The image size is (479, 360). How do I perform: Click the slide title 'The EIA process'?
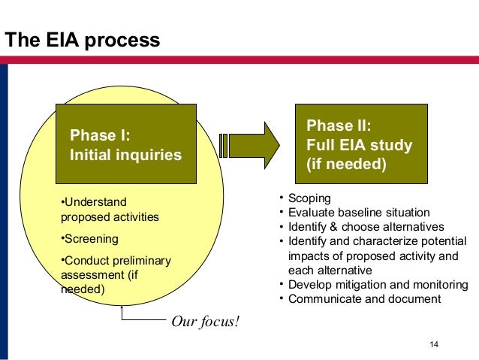(x=83, y=39)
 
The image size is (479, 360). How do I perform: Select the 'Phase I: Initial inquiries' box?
(x=125, y=144)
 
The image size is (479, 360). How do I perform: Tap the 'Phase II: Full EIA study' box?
(x=359, y=144)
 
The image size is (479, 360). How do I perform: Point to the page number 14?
(x=433, y=345)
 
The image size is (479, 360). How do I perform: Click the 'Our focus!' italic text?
(x=206, y=322)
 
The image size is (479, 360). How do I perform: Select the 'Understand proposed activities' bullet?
(x=109, y=210)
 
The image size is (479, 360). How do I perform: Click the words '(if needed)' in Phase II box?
(x=346, y=163)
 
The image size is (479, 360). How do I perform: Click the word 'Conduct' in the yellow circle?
(x=83, y=261)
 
